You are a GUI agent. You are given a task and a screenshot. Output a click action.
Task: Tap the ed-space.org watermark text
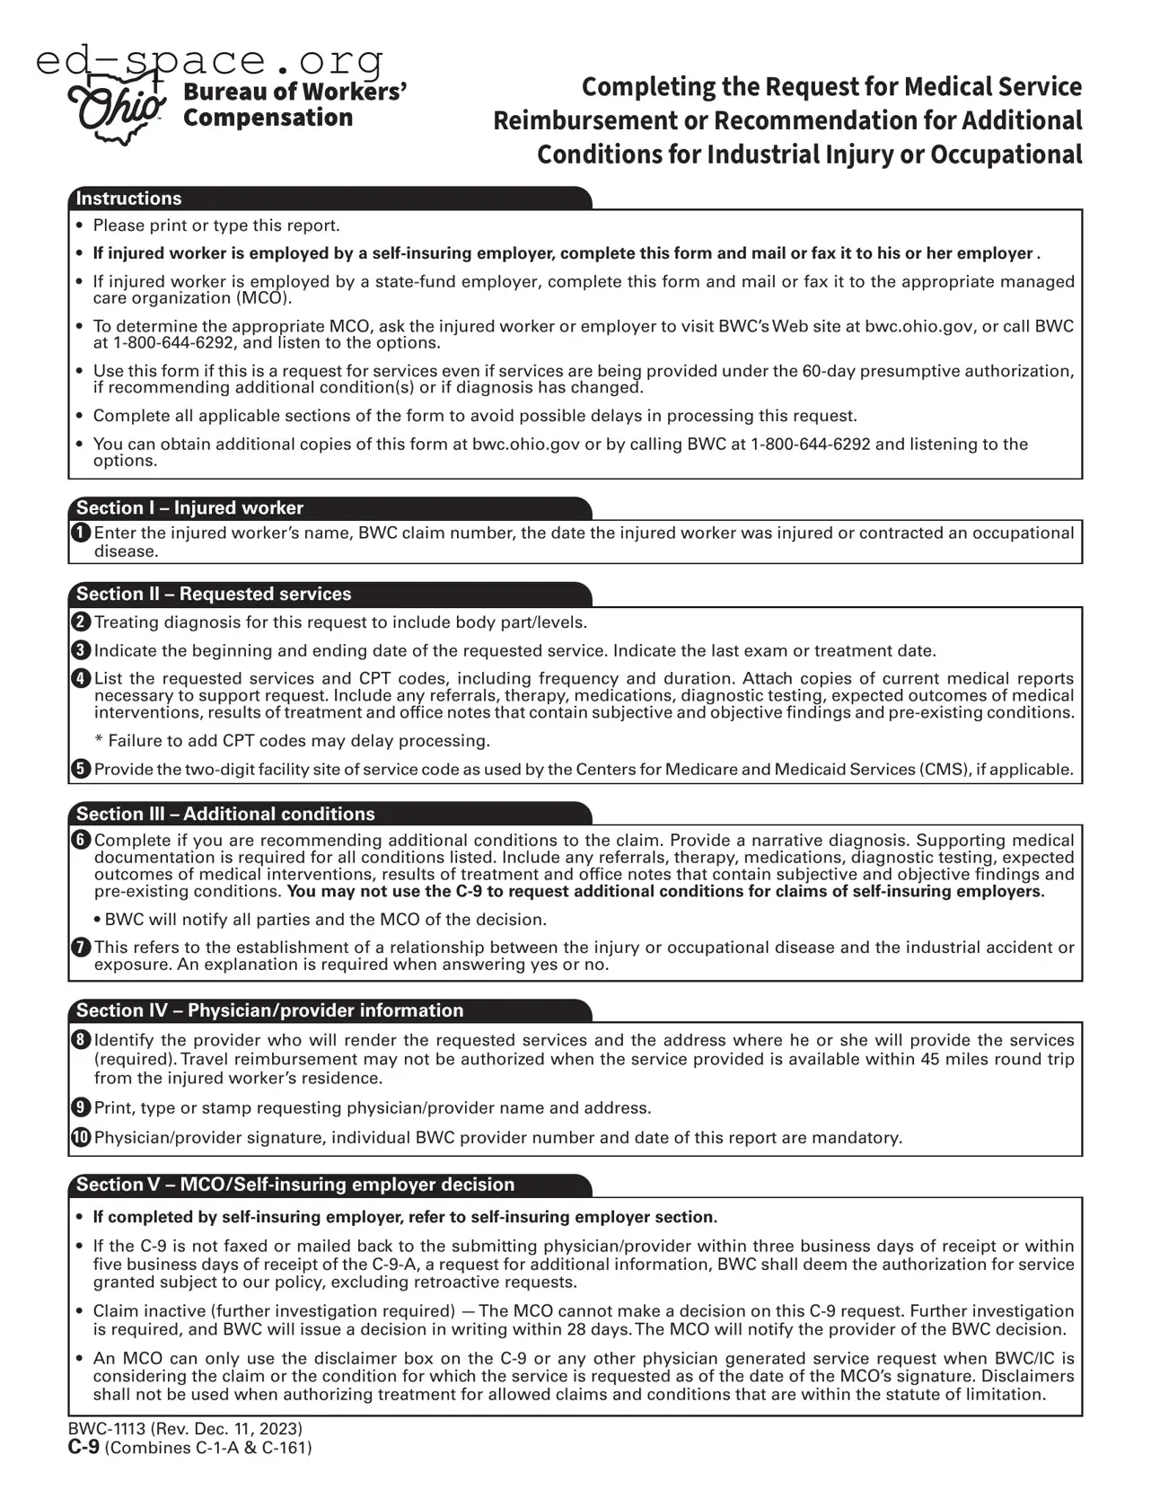(210, 61)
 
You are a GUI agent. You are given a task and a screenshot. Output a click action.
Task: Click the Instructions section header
(128, 198)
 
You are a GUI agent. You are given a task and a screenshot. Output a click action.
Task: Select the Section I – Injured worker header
(189, 508)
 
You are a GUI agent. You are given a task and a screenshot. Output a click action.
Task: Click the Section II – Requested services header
(214, 594)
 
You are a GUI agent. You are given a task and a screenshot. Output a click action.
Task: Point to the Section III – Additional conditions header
(225, 814)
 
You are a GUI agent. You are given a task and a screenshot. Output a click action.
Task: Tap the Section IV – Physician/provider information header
(269, 1010)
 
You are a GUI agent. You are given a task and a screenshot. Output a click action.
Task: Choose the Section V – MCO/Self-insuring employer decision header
(295, 1185)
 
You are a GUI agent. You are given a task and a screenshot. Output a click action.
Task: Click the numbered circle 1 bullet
(81, 533)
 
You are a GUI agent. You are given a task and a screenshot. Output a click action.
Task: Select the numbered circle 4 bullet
(81, 679)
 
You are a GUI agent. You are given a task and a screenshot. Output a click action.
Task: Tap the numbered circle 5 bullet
(81, 770)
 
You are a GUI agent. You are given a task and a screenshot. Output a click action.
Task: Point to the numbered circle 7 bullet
(81, 948)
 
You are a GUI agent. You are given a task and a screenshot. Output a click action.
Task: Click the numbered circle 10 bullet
(81, 1138)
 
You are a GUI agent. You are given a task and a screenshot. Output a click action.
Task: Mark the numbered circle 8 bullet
(81, 1041)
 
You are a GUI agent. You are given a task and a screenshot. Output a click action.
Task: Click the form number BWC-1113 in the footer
(107, 1429)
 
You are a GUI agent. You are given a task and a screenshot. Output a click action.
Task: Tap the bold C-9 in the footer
(83, 1448)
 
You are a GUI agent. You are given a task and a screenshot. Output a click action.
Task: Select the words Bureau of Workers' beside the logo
(295, 92)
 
